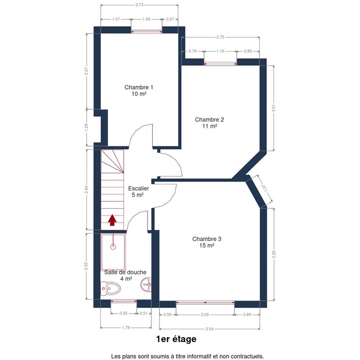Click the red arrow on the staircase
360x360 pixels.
point(112,220)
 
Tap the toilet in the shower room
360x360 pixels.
point(110,288)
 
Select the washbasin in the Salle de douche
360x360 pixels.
point(146,284)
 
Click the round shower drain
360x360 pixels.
point(113,247)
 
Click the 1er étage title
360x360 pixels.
point(176,339)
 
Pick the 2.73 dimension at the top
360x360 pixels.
point(139,5)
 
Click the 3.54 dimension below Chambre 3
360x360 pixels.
point(209,329)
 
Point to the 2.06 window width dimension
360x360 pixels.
point(205,315)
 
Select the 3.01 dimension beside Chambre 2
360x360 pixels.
point(273,108)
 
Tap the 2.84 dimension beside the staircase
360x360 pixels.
point(86,189)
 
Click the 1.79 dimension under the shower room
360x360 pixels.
point(126,328)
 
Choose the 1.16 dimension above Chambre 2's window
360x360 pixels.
point(220,51)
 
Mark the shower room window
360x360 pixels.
point(124,301)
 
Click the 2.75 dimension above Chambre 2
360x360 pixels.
point(220,37)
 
